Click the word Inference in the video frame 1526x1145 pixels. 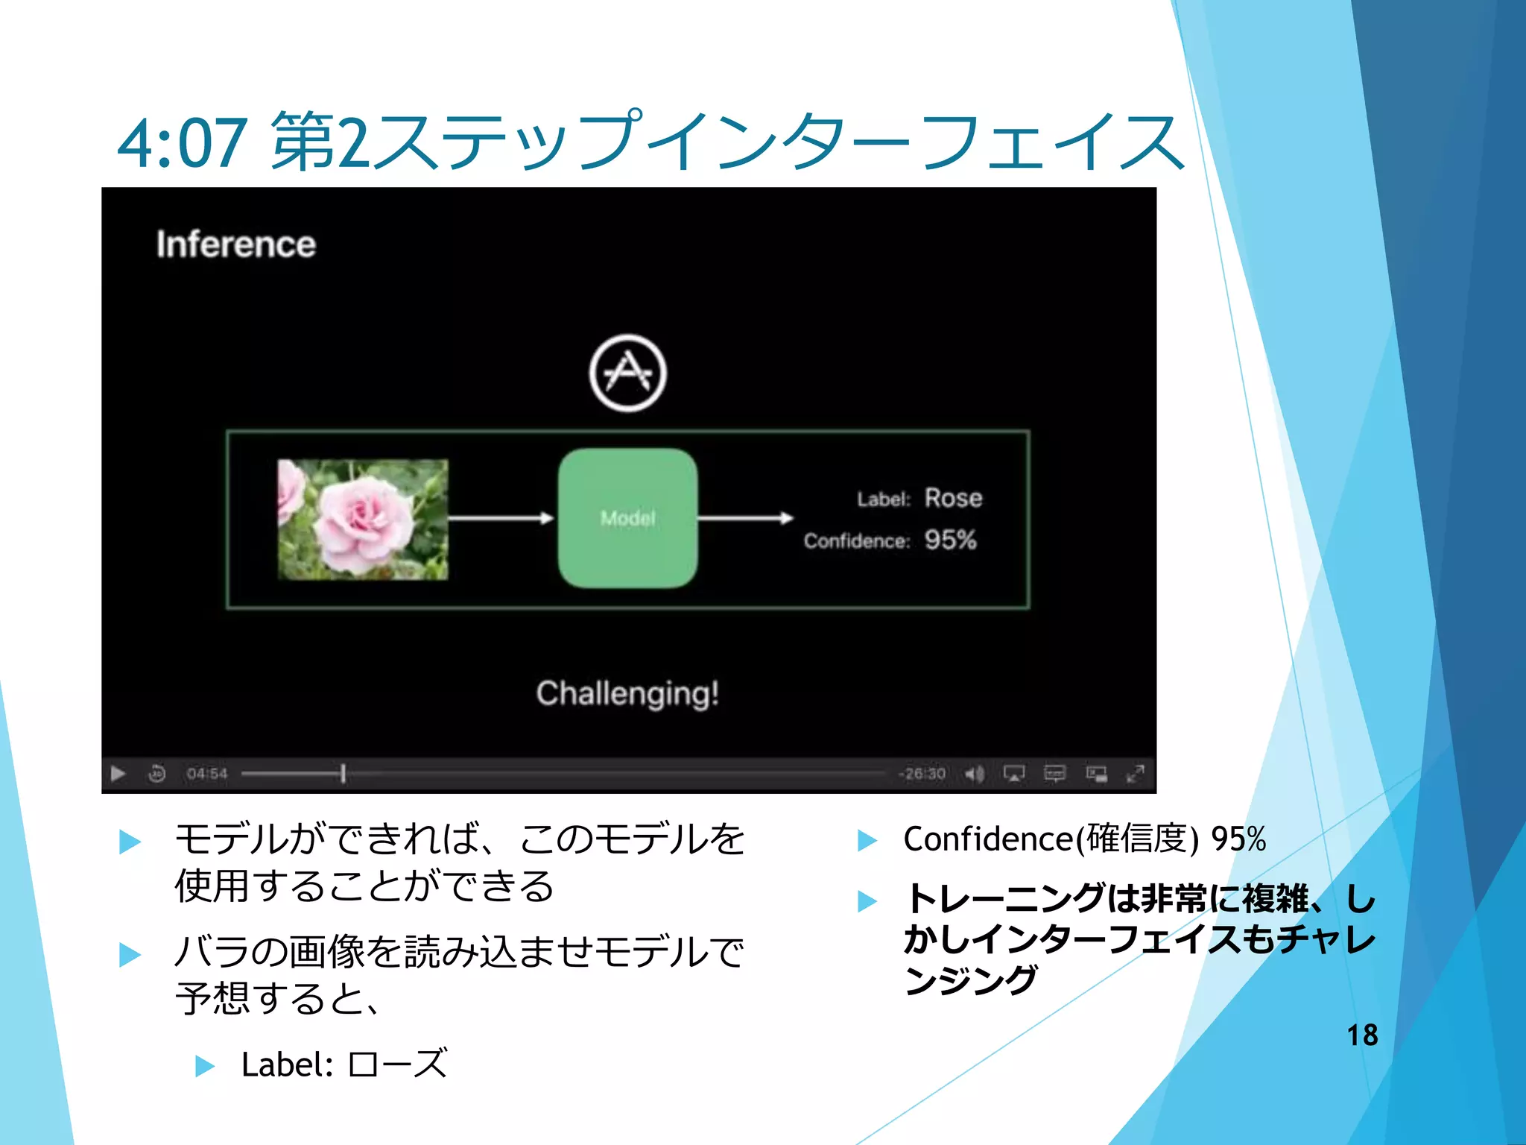point(235,245)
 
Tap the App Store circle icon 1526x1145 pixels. point(627,373)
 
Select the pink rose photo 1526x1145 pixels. point(363,519)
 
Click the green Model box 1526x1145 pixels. point(627,518)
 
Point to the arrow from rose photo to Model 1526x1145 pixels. point(501,518)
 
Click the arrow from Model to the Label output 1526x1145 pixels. point(745,518)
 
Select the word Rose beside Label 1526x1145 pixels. point(953,498)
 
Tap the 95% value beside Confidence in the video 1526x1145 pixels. point(950,540)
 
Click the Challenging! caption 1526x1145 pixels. point(627,693)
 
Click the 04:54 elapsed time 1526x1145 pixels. point(206,774)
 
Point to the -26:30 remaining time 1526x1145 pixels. point(922,774)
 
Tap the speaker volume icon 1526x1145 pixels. point(974,775)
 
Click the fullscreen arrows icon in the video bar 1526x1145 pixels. point(1135,774)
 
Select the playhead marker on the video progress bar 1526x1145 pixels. point(343,774)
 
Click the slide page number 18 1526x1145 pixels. point(1362,1035)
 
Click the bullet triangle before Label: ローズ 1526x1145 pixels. point(204,1065)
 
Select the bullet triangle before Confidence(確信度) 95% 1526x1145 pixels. point(867,841)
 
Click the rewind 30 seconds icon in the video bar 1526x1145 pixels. point(156,774)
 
